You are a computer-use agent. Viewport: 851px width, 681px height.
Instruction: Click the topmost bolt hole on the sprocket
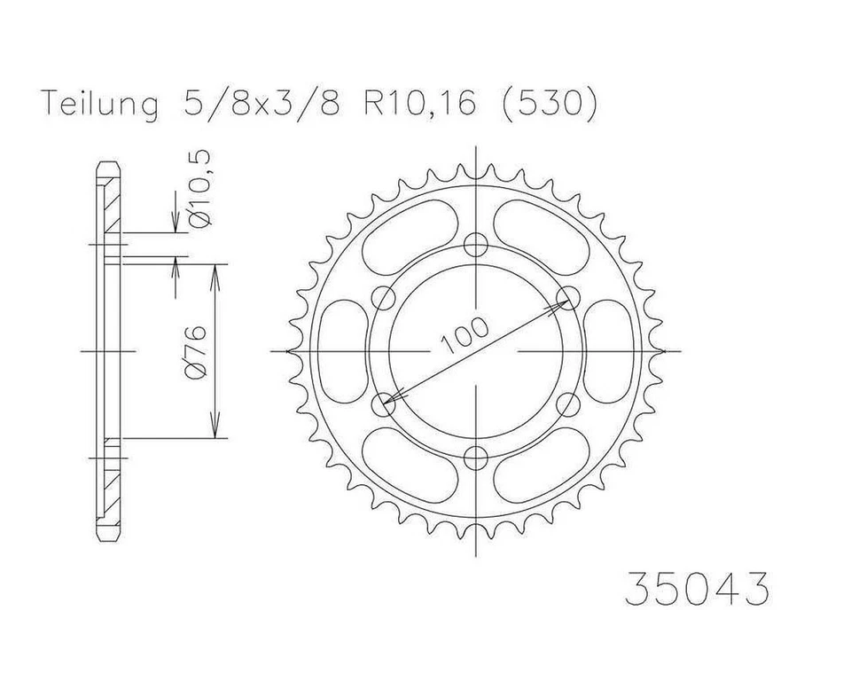[478, 245]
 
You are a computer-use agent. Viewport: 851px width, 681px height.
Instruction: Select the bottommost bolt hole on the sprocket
[478, 458]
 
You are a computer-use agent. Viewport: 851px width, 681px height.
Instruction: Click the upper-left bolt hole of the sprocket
[386, 298]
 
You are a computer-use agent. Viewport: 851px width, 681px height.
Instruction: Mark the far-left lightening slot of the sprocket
[340, 351]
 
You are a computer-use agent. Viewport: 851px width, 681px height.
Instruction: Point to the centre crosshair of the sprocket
[478, 351]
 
